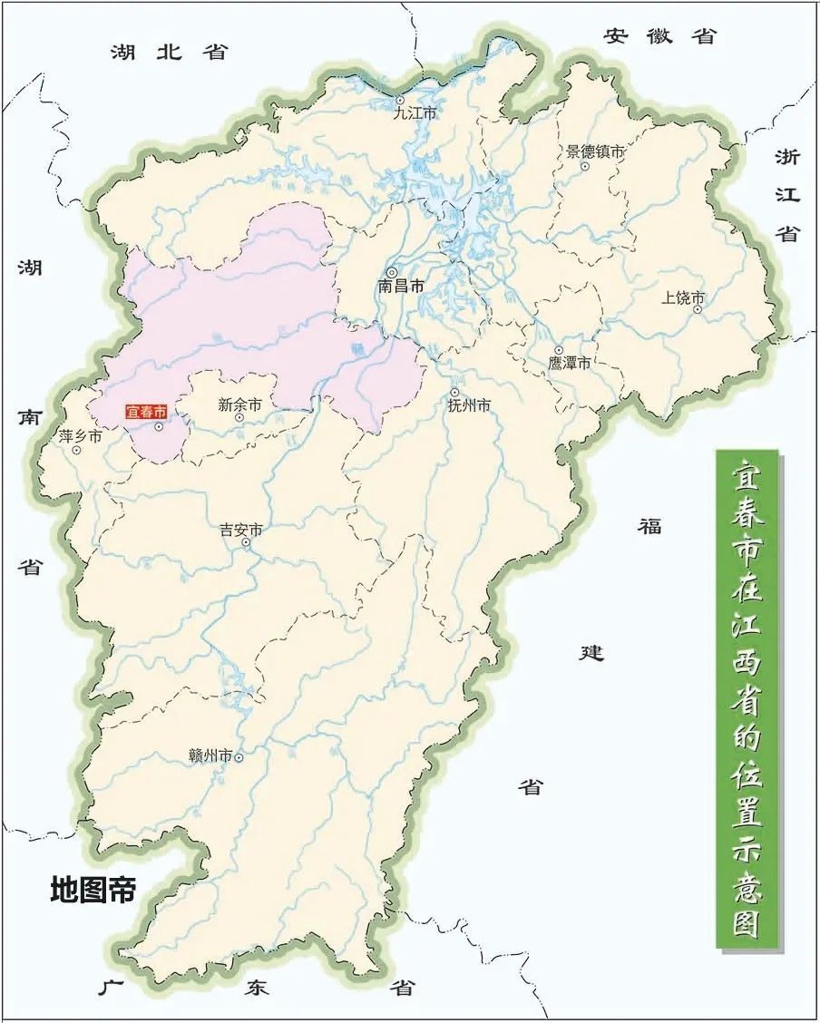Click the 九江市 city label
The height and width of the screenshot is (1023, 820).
click(415, 114)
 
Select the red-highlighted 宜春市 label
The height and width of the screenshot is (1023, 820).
click(146, 411)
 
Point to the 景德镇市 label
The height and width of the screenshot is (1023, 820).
click(596, 152)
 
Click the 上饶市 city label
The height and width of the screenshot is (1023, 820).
click(683, 297)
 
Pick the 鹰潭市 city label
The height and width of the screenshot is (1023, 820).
click(570, 363)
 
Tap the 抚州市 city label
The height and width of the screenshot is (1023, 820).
click(469, 406)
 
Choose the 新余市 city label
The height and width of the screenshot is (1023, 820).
click(239, 405)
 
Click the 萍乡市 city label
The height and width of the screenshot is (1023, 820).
click(81, 436)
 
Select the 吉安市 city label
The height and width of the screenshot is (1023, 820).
click(241, 531)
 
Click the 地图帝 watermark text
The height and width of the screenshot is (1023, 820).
click(93, 890)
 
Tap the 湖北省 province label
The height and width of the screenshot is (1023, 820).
click(169, 52)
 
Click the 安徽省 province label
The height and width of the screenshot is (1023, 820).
click(660, 35)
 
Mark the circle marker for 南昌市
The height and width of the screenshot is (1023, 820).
click(392, 272)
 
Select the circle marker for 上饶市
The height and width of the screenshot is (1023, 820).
click(698, 309)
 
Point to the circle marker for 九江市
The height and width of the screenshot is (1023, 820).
click(399, 101)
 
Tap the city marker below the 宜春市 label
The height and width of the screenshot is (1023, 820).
click(158, 427)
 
